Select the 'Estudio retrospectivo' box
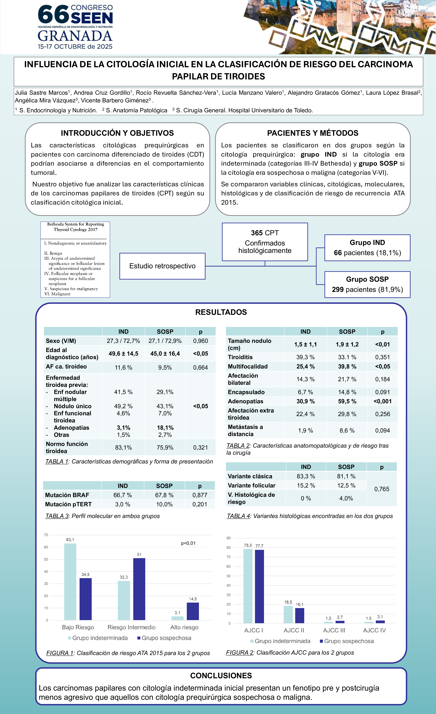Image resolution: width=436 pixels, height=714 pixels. tap(162, 266)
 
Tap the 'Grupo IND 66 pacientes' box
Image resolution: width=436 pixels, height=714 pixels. tap(367, 248)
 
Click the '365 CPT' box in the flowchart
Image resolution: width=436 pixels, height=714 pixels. tap(265, 242)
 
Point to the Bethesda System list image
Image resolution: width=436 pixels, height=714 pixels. tap(75, 259)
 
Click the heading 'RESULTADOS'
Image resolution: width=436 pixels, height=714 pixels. tap(221, 312)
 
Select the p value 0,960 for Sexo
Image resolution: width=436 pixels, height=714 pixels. tap(201, 341)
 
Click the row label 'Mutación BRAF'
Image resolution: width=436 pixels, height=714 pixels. tap(67, 495)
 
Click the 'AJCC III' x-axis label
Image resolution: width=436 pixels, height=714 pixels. tap(334, 630)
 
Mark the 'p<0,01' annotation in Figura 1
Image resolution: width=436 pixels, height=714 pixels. tap(188, 543)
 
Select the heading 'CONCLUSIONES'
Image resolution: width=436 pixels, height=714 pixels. tap(221, 676)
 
